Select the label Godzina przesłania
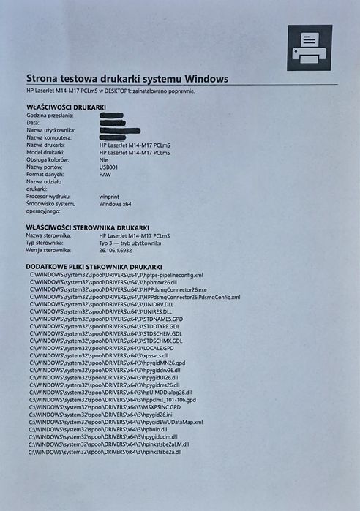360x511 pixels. click(51, 116)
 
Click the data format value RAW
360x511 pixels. click(105, 175)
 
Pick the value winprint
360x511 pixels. click(110, 196)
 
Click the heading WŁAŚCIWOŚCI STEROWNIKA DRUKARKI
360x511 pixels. click(88, 227)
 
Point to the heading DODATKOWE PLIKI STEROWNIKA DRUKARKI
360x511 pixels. click(94, 267)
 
